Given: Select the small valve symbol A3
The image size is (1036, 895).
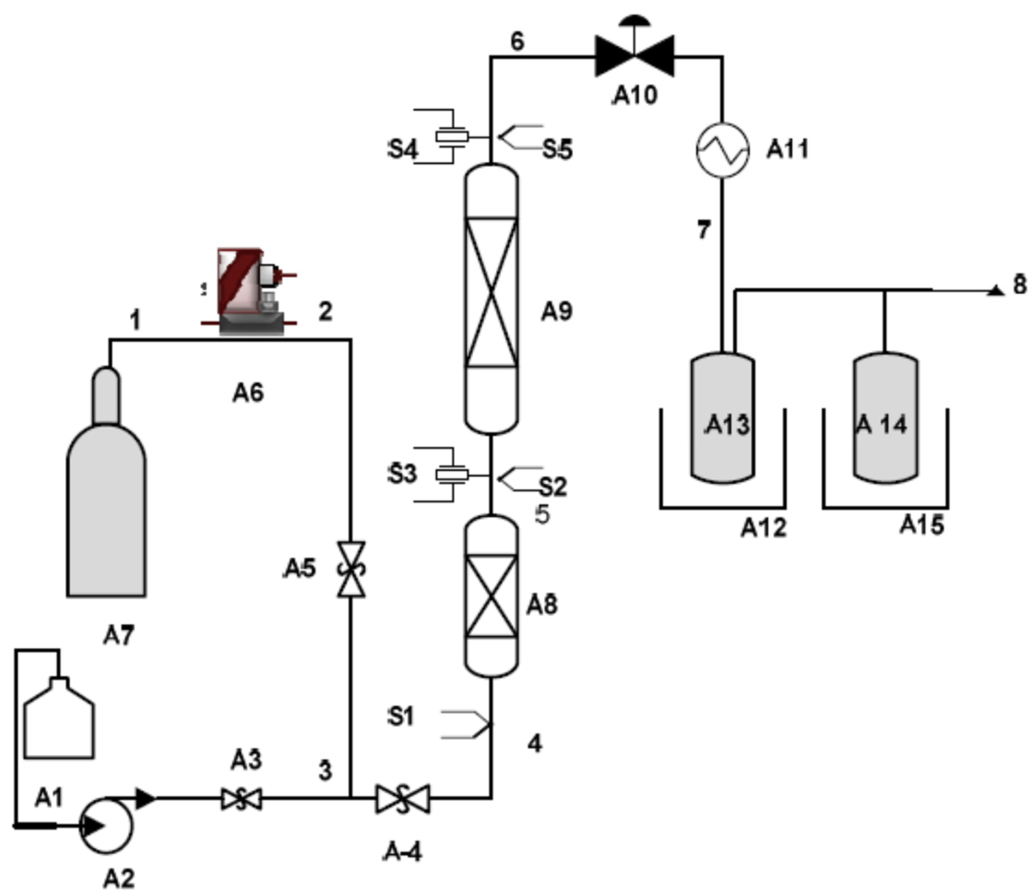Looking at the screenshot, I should (241, 799).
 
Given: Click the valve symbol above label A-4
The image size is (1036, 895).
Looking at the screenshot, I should (403, 799).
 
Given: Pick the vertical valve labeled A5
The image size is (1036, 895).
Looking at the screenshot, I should (351, 569).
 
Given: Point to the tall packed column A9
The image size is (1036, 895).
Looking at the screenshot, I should (491, 299).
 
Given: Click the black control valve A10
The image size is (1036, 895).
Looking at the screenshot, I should (634, 56).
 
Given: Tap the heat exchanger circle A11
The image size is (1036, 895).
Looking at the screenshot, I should (722, 149).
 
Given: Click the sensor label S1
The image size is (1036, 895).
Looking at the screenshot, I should (402, 717).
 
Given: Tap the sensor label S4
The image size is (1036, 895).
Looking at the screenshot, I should (403, 149).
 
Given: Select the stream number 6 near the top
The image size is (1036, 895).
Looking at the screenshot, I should (517, 42).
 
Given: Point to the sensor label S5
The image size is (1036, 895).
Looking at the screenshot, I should (557, 149).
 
